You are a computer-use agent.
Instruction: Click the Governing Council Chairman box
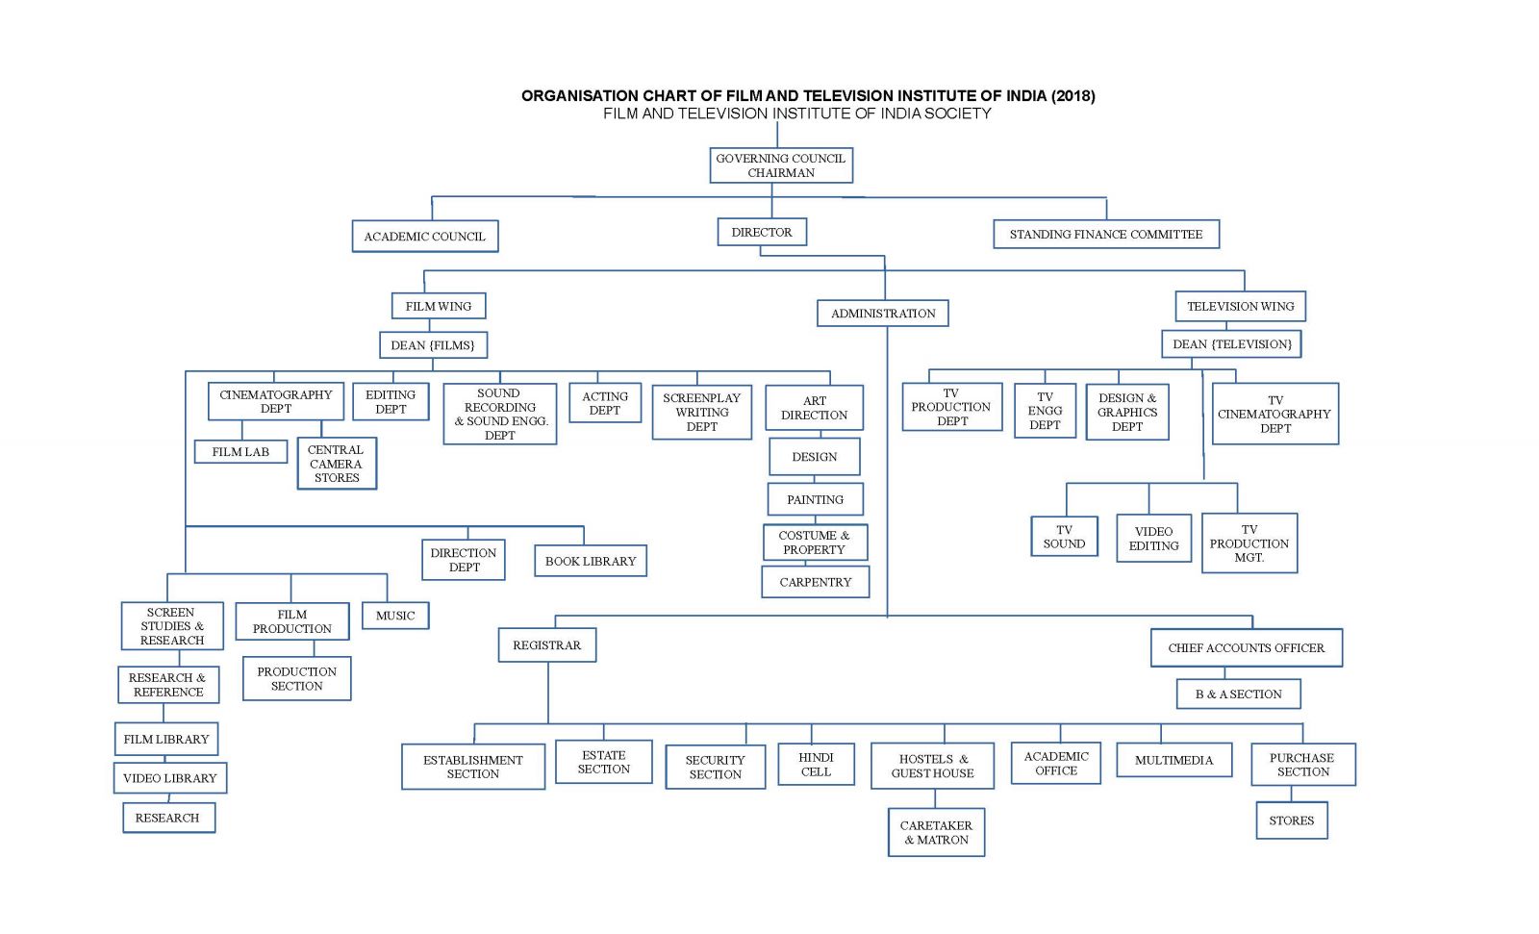[x=781, y=165]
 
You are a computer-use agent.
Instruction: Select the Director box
[x=762, y=232]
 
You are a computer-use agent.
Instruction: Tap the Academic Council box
[x=424, y=236]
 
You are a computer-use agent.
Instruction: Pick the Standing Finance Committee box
[x=1105, y=234]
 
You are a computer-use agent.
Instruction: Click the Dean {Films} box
[x=433, y=344]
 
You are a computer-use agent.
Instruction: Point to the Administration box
[x=883, y=313]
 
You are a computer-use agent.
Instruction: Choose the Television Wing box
[x=1240, y=306]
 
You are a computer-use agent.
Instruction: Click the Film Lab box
[x=240, y=451]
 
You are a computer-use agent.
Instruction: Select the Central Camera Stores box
[x=336, y=464]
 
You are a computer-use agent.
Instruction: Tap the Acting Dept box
[x=604, y=403]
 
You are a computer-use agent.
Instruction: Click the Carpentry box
[x=815, y=582]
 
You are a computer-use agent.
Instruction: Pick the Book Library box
[x=591, y=561]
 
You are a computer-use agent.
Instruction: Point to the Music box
[x=395, y=616]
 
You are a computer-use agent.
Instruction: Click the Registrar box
[x=546, y=644]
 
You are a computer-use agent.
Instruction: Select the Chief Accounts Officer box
[x=1246, y=647]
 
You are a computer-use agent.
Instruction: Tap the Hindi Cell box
[x=816, y=764]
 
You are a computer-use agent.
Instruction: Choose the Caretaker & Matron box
[x=936, y=832]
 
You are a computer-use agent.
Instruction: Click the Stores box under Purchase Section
[x=1291, y=820]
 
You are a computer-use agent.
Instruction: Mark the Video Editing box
[x=1153, y=538]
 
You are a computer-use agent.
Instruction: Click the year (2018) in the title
[x=1072, y=95]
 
